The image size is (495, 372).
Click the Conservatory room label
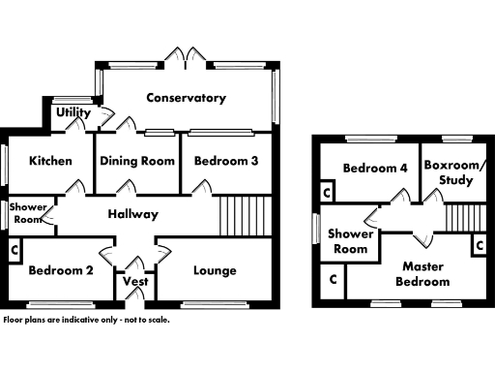click(x=186, y=98)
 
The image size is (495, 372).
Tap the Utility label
click(x=73, y=113)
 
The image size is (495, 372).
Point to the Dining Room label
click(x=137, y=161)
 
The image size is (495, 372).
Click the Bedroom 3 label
click(x=225, y=161)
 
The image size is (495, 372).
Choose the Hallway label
click(x=132, y=214)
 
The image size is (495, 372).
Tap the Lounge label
click(x=215, y=270)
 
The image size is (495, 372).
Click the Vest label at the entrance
click(x=134, y=283)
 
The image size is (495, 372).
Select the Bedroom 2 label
click(x=60, y=270)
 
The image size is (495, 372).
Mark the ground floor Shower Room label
click(x=26, y=213)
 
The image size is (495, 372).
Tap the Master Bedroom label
click(x=425, y=273)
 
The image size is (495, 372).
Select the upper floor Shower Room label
click(x=350, y=241)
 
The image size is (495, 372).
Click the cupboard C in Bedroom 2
click(x=14, y=252)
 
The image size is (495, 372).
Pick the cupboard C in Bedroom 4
click(x=327, y=193)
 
